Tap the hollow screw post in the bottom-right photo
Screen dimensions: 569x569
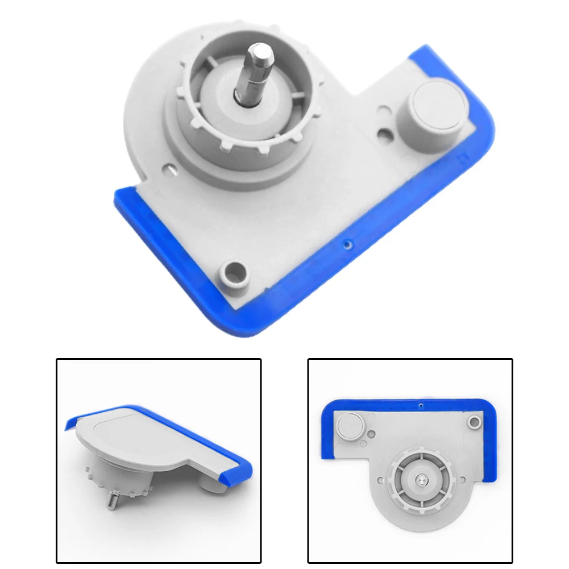pos(474,422)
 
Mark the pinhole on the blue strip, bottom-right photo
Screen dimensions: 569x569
pos(420,406)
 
